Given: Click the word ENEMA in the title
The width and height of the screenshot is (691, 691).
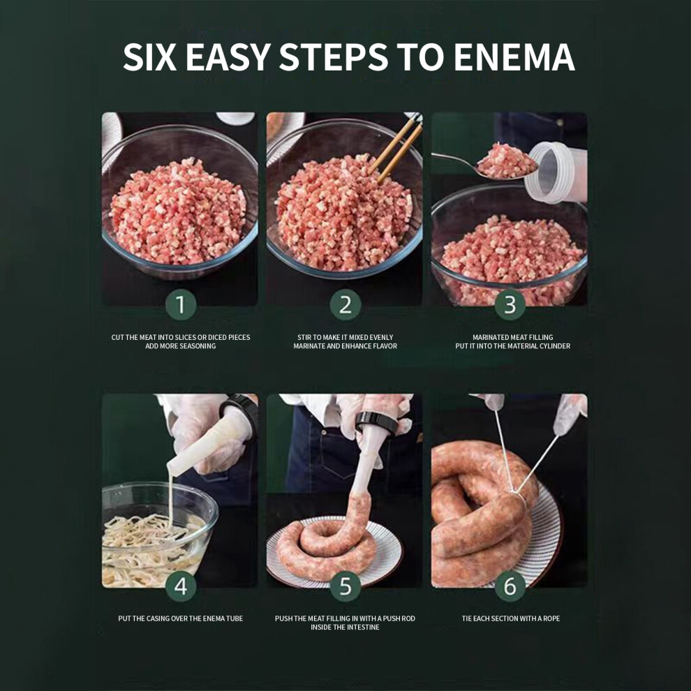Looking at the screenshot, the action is (514, 57).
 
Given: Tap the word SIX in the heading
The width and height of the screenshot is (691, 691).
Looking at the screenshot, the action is (149, 57).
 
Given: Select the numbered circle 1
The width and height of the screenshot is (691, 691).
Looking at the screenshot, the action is (181, 304).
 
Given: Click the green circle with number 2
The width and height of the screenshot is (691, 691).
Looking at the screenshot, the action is (345, 304).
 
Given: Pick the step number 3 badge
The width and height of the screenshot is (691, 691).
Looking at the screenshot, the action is (510, 304).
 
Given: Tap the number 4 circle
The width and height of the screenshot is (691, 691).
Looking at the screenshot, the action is (181, 586).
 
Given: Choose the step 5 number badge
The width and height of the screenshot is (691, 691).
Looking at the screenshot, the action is (345, 586).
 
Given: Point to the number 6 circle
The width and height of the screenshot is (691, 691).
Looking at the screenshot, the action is (510, 586).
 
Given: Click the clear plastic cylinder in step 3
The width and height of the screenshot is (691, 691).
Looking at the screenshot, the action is (556, 172).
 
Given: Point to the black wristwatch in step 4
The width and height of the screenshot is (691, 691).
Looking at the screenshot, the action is (240, 409).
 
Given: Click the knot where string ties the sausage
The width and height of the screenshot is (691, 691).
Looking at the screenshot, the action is (517, 496).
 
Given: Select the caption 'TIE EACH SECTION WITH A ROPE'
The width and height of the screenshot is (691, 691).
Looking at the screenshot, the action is (511, 618).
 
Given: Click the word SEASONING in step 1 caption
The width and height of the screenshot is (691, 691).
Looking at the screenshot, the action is (197, 346).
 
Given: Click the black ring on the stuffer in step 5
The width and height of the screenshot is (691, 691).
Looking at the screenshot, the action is (376, 422).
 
